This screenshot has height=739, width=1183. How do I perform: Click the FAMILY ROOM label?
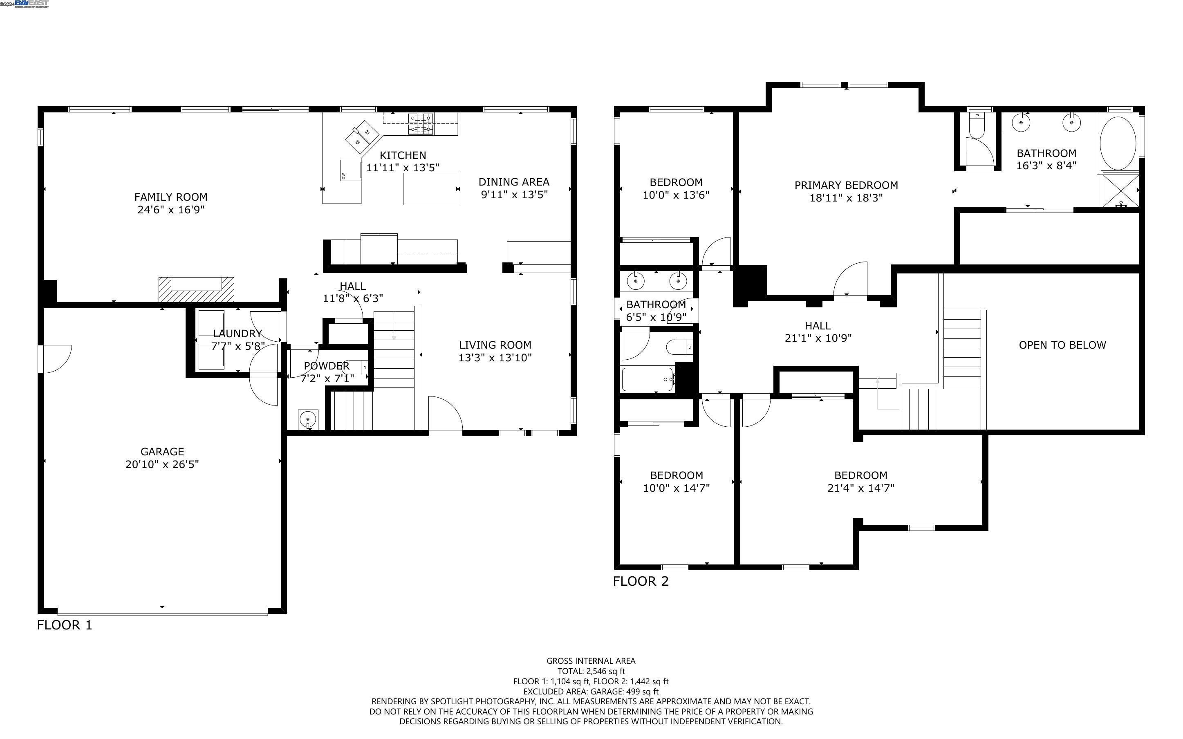[x=170, y=197]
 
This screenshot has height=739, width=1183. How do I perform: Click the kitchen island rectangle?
[x=430, y=189]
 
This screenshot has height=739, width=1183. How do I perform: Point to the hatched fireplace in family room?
[x=196, y=289]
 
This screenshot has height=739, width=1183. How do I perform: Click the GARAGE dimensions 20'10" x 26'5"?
[x=162, y=464]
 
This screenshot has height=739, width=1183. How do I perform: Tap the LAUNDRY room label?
[x=237, y=334]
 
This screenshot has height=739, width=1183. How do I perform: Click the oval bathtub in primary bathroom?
[x=1118, y=143]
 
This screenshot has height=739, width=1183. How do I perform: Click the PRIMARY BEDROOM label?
[x=846, y=185]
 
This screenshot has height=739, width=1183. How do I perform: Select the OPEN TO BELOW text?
[x=1062, y=345]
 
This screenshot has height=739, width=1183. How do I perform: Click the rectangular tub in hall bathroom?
[x=648, y=379]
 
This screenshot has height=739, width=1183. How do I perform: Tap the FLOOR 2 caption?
[x=641, y=581]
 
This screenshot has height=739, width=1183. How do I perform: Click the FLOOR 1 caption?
[x=65, y=625]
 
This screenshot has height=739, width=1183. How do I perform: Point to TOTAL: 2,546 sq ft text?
[x=591, y=671]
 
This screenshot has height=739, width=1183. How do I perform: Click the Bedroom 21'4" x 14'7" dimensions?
[x=860, y=488]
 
